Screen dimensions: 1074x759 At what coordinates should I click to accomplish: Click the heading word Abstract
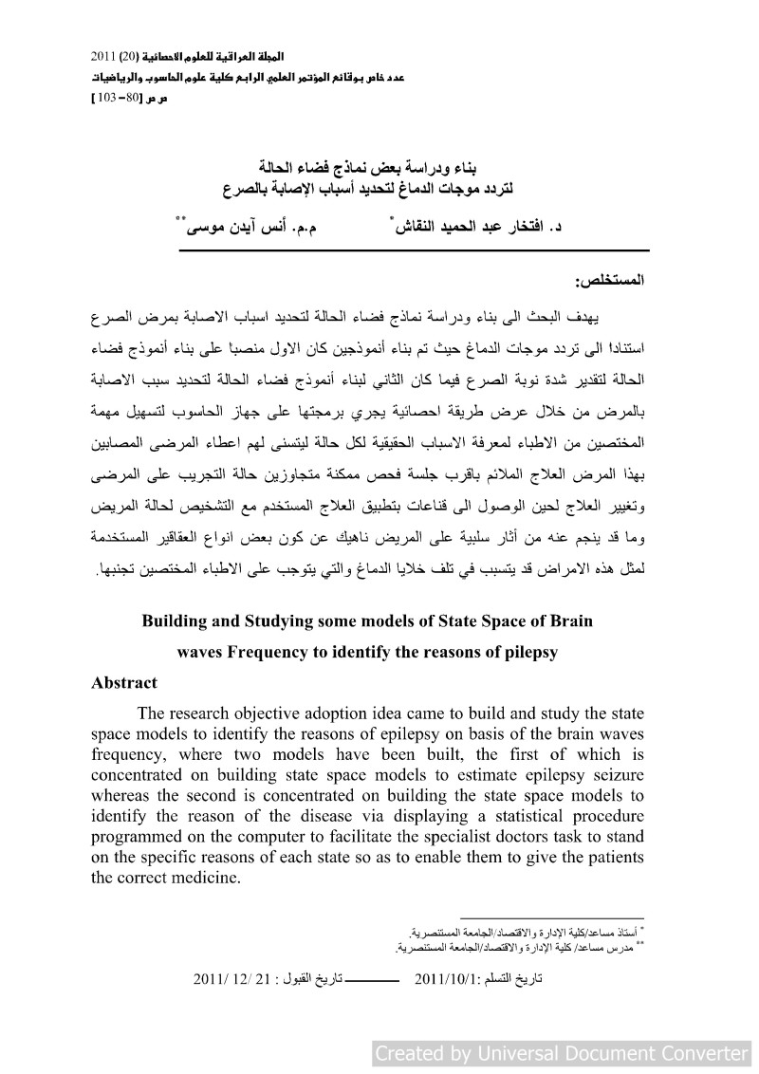click(124, 682)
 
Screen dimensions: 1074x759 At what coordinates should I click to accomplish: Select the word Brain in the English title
click(566, 621)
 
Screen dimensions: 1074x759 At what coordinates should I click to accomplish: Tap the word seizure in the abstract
click(618, 775)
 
